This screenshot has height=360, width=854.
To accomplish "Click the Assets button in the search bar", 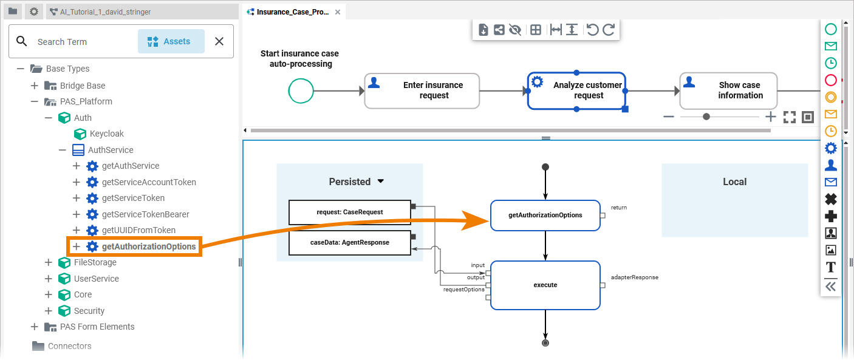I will (x=171, y=41).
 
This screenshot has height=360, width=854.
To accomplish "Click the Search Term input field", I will (x=79, y=42).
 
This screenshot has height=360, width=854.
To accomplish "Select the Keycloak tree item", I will (x=106, y=134).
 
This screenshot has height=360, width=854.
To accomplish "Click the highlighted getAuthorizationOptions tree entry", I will (x=148, y=246).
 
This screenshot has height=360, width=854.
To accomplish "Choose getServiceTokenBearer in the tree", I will (x=145, y=214).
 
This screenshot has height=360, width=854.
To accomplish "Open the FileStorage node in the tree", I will (x=95, y=262).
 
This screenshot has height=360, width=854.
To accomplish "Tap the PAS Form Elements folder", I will (x=97, y=327).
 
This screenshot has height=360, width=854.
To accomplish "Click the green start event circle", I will (x=301, y=91).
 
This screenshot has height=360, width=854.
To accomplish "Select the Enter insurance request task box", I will (x=422, y=90).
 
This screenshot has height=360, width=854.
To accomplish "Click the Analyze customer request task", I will (x=576, y=90).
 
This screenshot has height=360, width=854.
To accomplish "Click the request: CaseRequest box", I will (x=350, y=212).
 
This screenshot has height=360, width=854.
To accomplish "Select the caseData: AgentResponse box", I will (x=350, y=242).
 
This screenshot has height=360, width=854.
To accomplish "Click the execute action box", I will (x=545, y=285).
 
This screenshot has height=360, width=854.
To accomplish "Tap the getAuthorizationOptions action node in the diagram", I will (x=545, y=215).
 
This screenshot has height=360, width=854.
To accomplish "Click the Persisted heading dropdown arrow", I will (x=381, y=181).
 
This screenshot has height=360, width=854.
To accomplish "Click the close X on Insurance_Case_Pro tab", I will (x=338, y=12).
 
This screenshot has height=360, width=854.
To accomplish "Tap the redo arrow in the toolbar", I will (x=609, y=30).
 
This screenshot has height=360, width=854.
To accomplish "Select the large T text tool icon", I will (x=830, y=267).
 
